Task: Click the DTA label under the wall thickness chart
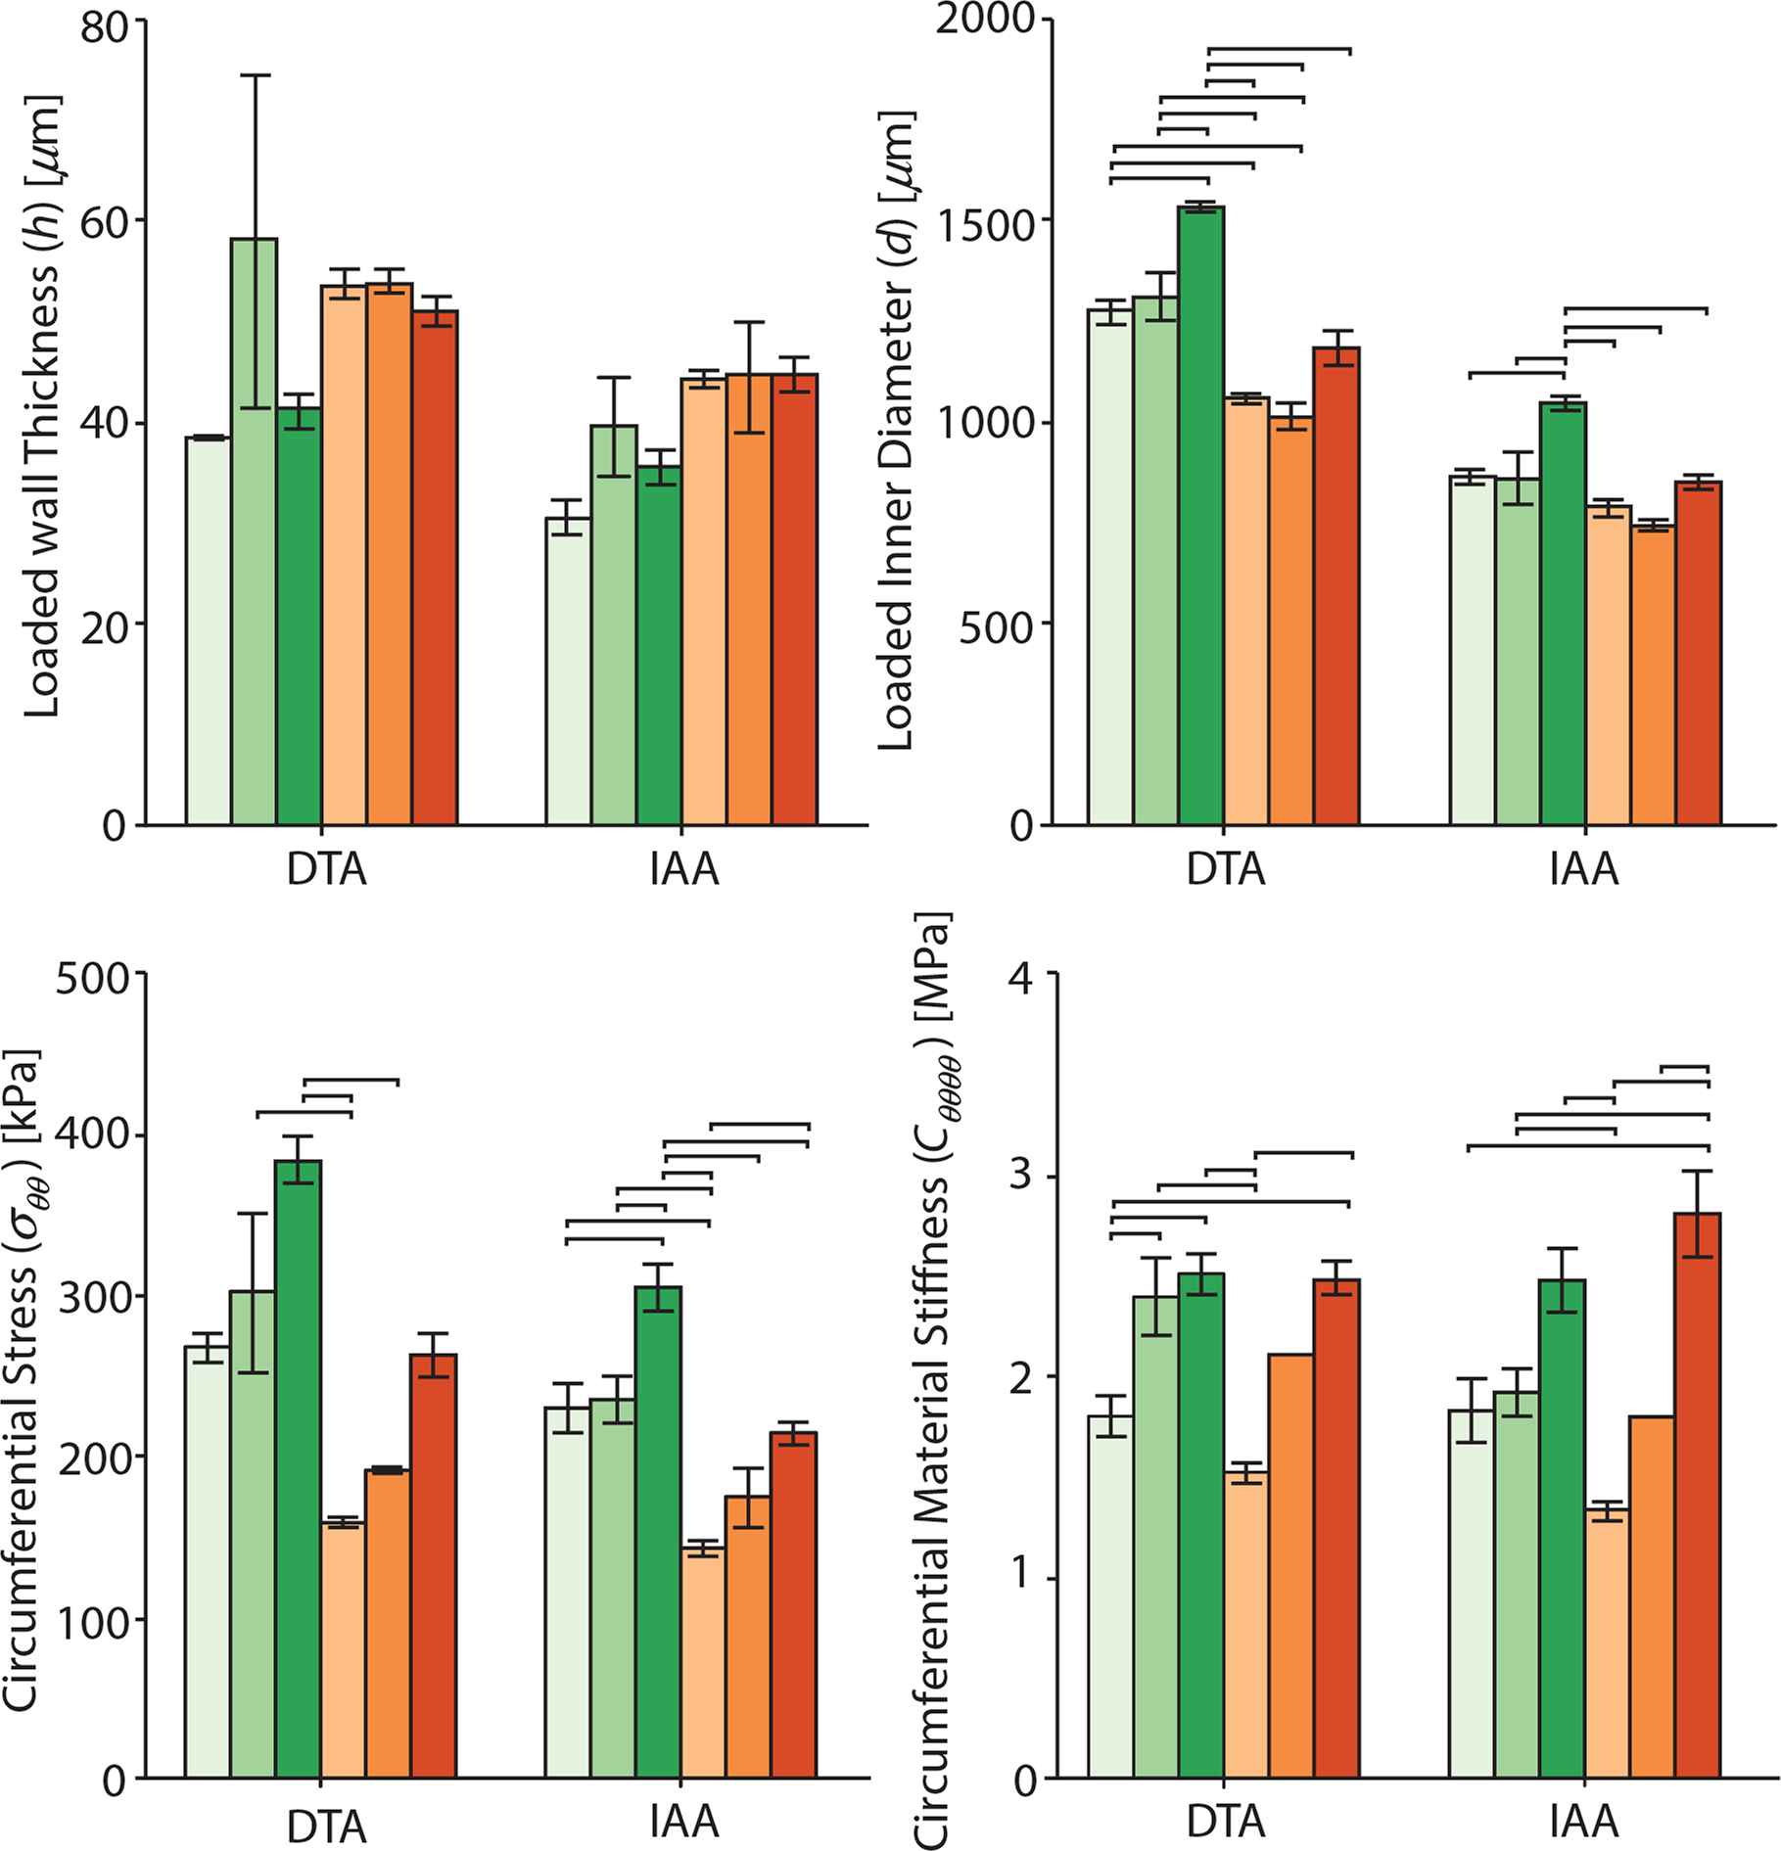(327, 870)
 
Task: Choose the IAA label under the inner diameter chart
(1584, 870)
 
